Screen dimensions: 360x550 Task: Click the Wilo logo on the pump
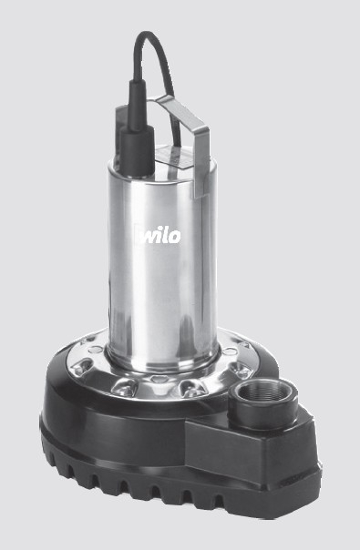click(159, 235)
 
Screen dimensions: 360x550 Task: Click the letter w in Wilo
click(149, 237)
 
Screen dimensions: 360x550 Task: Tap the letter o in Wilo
click(175, 237)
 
